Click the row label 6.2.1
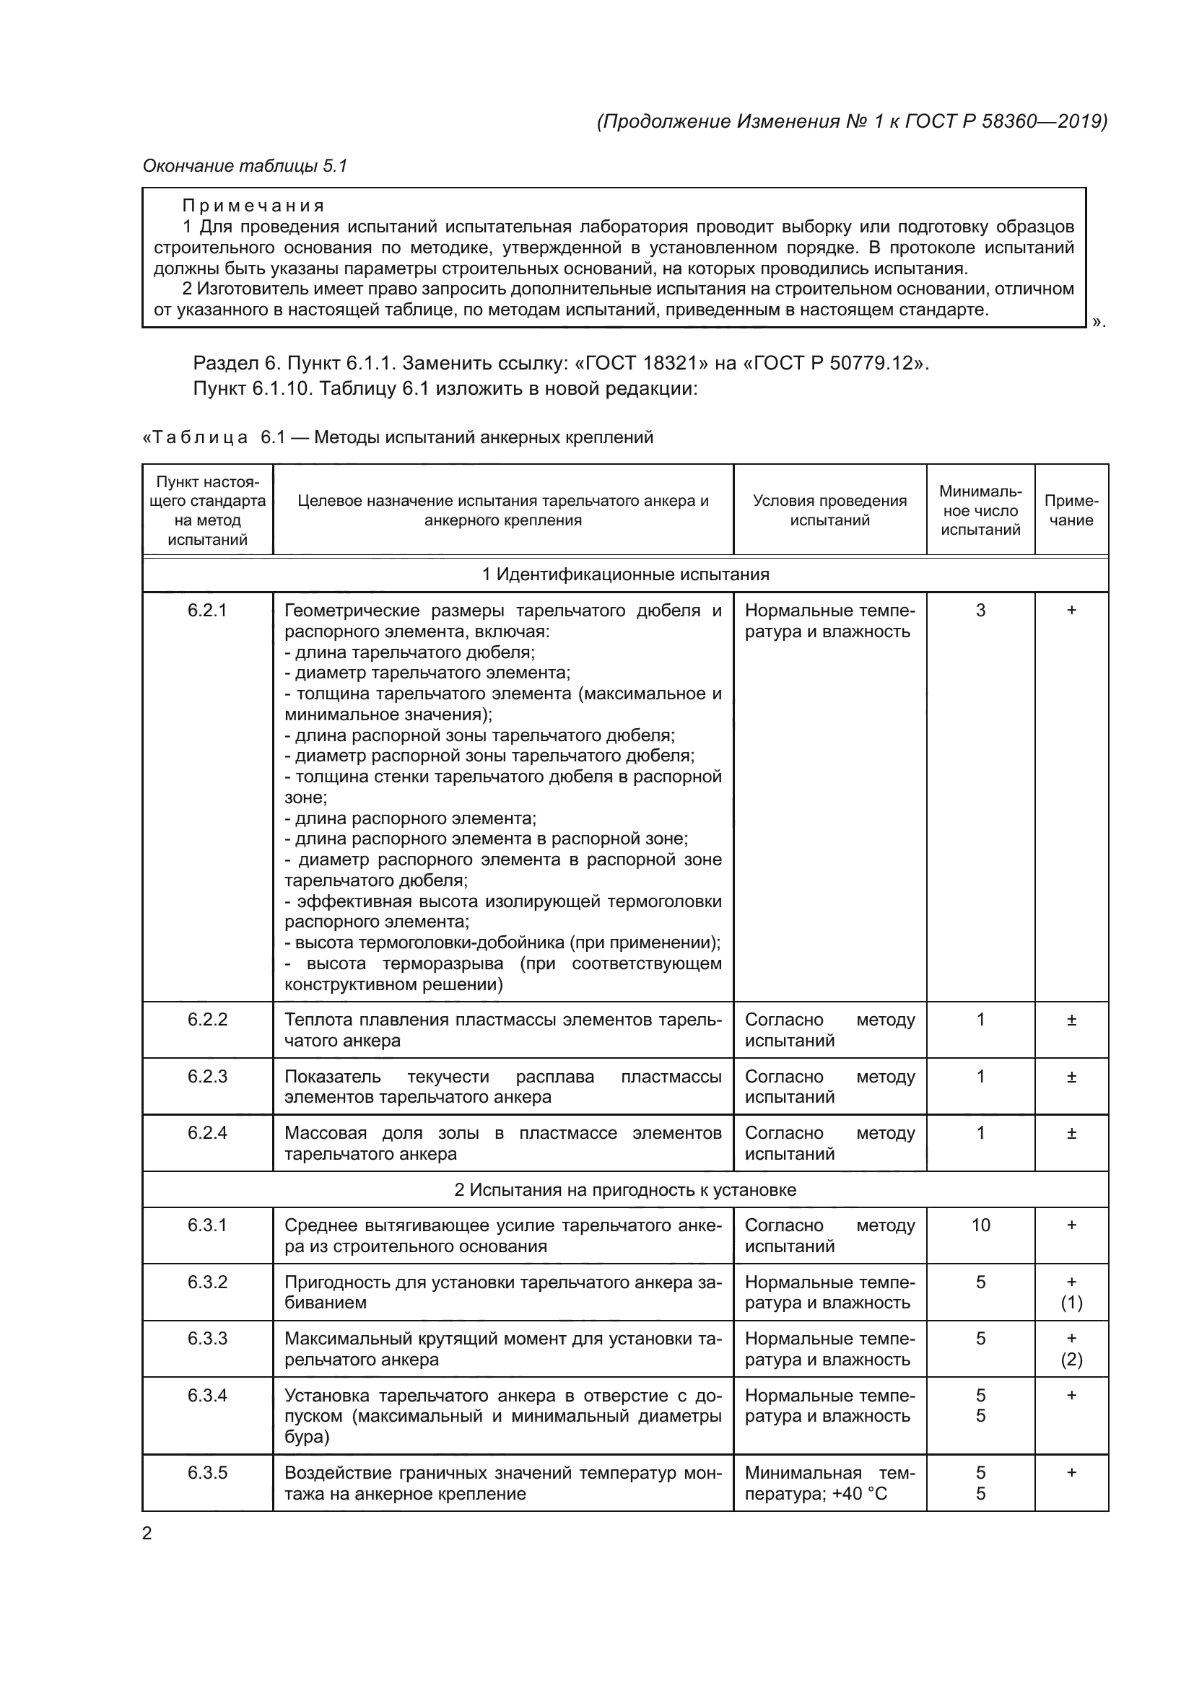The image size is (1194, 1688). (x=207, y=611)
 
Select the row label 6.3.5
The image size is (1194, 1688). (x=207, y=1473)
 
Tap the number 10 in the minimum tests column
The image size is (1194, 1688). (x=980, y=1225)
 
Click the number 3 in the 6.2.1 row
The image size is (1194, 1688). (x=980, y=611)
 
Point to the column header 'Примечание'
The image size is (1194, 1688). (x=1071, y=510)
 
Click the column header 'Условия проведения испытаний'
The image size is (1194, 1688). (x=829, y=510)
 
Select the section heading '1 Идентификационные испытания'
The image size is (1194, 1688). (x=625, y=574)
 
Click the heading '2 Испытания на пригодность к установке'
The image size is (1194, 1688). (x=625, y=1189)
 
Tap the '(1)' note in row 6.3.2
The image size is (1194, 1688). (x=1071, y=1303)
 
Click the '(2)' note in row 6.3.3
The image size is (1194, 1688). (x=1071, y=1360)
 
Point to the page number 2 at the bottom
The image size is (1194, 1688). (x=147, y=1533)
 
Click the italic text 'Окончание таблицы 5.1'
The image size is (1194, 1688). (x=245, y=166)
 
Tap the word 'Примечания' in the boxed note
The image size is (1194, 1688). (x=253, y=206)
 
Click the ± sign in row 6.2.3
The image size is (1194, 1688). (x=1071, y=1077)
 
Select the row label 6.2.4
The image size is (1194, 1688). (x=207, y=1133)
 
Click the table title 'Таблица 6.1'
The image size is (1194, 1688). (x=213, y=437)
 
